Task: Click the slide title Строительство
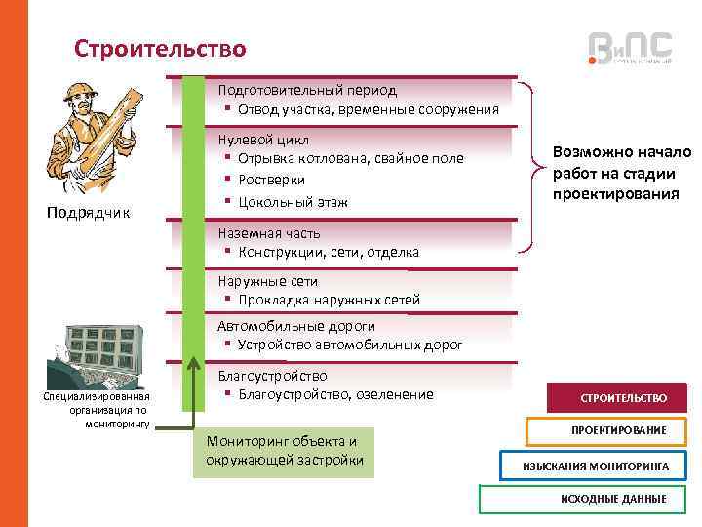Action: (x=161, y=48)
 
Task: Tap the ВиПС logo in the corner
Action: (x=630, y=48)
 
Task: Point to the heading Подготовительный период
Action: (x=307, y=90)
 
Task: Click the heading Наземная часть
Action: (x=269, y=233)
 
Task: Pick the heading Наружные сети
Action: (x=267, y=281)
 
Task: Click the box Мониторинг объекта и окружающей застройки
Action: (x=284, y=450)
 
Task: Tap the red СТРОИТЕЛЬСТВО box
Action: (x=623, y=398)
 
